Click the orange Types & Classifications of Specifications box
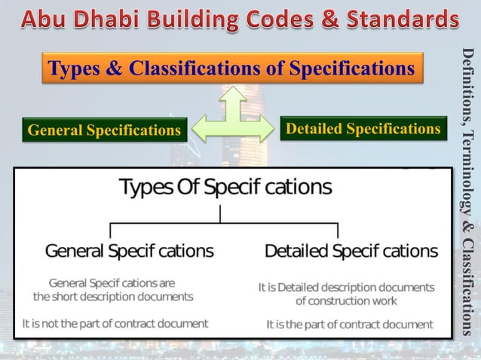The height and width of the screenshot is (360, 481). (x=231, y=69)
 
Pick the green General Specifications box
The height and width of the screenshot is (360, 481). (x=104, y=130)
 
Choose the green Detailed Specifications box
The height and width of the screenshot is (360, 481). (x=363, y=129)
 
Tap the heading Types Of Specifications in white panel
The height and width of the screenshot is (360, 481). (x=225, y=187)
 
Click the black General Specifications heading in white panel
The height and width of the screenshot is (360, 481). (x=129, y=250)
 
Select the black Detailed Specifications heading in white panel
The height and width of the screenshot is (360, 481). (x=351, y=250)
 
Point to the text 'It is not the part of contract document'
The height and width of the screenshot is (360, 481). (x=115, y=323)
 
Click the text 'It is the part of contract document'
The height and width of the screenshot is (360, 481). (x=350, y=325)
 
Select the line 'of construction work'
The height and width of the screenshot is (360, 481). (x=346, y=301)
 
